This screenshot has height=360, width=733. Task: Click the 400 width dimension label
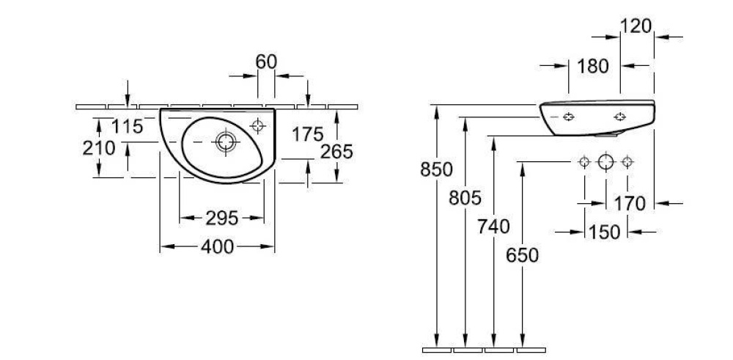[x=217, y=246]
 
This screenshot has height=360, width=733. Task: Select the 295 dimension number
[x=222, y=218]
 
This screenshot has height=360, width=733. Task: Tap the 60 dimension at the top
[x=267, y=62]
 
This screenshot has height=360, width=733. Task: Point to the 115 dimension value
[x=127, y=126]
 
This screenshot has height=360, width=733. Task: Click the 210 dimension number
[x=99, y=148]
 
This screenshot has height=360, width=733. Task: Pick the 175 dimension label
[x=308, y=135]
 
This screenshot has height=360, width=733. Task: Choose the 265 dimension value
[x=336, y=152]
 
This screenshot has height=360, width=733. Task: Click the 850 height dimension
[x=437, y=169]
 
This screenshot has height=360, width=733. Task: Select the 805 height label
[x=465, y=198]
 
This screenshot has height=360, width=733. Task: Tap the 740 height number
[x=493, y=227]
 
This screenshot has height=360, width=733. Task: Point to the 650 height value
[x=522, y=255]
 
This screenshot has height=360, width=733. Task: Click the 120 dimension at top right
[x=636, y=26]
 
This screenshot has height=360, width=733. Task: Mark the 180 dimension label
[x=593, y=67]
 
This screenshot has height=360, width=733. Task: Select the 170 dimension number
[x=630, y=204]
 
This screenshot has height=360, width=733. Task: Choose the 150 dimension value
[x=604, y=232]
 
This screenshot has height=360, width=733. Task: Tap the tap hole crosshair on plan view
[x=257, y=125]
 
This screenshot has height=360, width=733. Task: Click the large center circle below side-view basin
[x=606, y=162]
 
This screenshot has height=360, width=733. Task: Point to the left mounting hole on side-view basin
[x=569, y=117]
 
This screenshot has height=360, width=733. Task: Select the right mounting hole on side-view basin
[x=620, y=117]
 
